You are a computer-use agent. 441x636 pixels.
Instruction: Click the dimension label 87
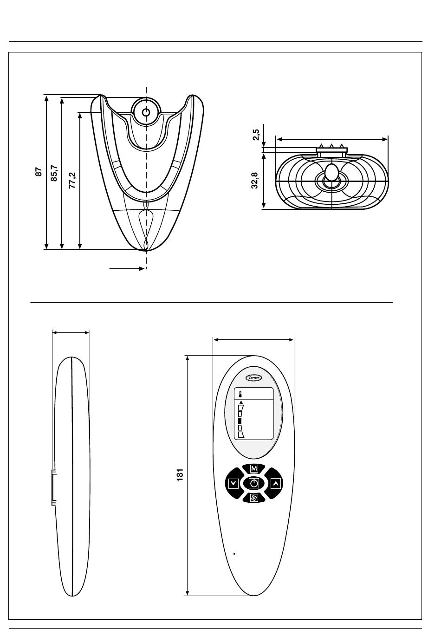coord(39,172)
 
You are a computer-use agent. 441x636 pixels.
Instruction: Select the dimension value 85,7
coord(54,173)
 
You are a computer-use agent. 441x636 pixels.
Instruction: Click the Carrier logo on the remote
coord(253,378)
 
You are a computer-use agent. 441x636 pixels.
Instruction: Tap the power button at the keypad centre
coord(253,483)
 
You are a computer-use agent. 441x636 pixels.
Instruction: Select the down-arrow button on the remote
coord(233,483)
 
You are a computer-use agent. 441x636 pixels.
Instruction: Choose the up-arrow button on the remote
coord(275,483)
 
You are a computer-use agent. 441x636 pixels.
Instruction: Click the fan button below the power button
coord(253,498)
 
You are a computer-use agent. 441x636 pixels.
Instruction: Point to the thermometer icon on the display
coord(240,395)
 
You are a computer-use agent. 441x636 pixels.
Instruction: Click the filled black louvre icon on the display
coord(240,421)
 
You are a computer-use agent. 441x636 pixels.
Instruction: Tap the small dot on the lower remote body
coord(234,553)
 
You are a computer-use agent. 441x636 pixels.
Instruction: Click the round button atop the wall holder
coord(146,112)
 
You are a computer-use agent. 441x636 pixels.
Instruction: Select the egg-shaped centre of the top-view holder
coord(331,172)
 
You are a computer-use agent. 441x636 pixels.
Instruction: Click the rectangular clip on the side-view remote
coord(53,487)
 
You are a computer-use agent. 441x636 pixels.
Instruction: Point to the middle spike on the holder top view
coord(331,146)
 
